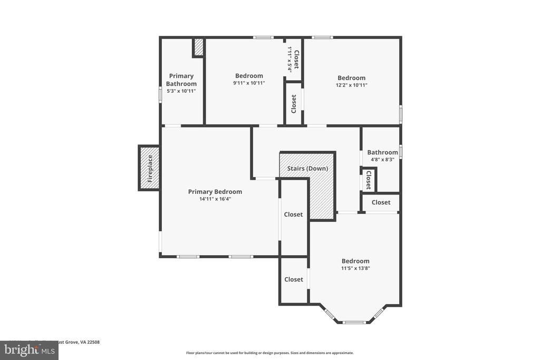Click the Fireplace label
pyautogui.click(x=150, y=168)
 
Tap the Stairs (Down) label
pyautogui.click(x=307, y=169)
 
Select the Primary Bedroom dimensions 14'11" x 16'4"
pyautogui.click(x=215, y=199)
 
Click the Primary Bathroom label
pyautogui.click(x=181, y=80)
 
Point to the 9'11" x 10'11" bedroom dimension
pyautogui.click(x=249, y=83)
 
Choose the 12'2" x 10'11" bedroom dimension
pyautogui.click(x=352, y=85)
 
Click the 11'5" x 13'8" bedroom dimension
pyautogui.click(x=355, y=268)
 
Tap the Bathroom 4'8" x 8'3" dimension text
pyautogui.click(x=382, y=160)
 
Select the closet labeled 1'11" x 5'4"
pyautogui.click(x=293, y=59)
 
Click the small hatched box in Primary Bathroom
pyautogui.click(x=199, y=47)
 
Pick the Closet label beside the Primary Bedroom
pyautogui.click(x=293, y=215)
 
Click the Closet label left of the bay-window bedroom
pyautogui.click(x=294, y=279)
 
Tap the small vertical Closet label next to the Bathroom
pyautogui.click(x=368, y=180)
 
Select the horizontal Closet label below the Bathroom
pyautogui.click(x=381, y=202)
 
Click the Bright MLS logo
pyautogui.click(x=29, y=350)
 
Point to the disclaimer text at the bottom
pyautogui.click(x=269, y=353)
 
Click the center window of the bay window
pyautogui.click(x=354, y=322)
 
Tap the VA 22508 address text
pyautogui.click(x=90, y=342)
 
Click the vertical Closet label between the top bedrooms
pyautogui.click(x=294, y=103)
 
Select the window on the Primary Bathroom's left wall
pyautogui.click(x=161, y=94)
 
